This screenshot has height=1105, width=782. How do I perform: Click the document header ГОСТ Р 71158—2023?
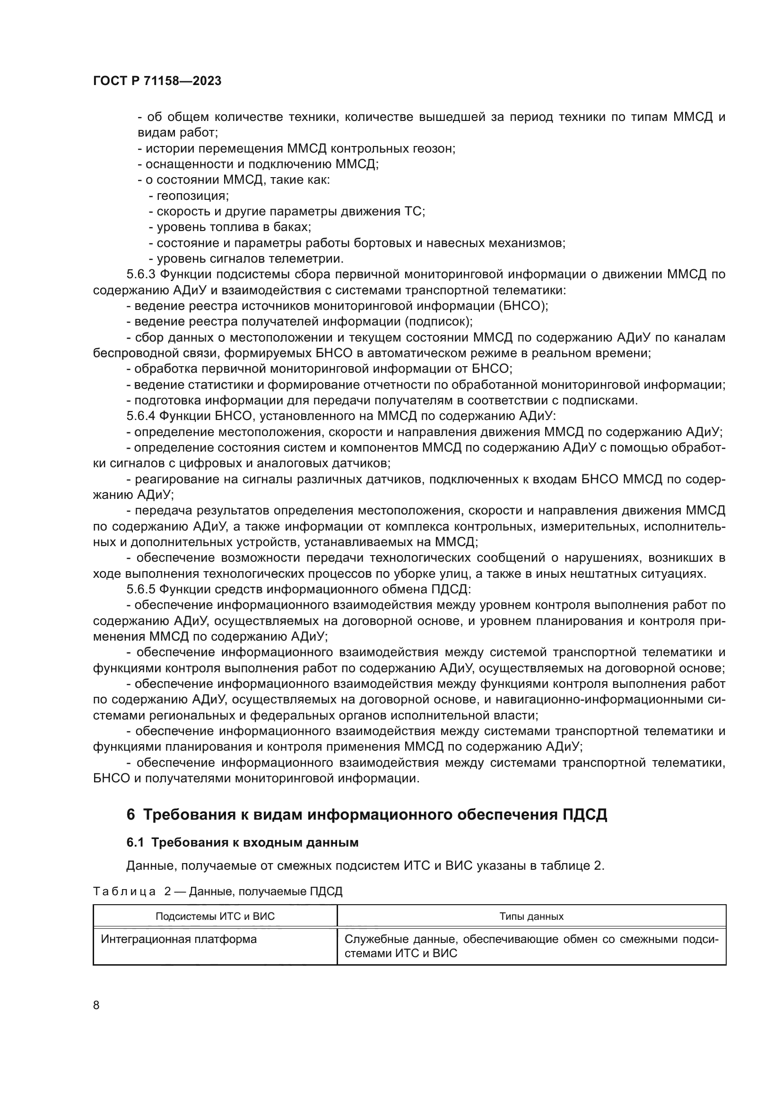157,81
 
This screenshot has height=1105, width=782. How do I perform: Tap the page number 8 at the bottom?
96,1004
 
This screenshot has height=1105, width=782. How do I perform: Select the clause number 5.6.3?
140,274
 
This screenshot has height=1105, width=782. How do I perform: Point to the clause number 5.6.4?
140,416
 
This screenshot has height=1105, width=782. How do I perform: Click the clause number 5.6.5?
140,589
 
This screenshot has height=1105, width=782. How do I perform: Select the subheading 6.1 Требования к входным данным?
242,842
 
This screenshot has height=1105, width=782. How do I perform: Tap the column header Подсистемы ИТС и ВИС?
215,916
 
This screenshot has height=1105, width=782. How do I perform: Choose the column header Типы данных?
531,916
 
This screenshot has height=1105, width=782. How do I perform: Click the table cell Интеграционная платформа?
179,939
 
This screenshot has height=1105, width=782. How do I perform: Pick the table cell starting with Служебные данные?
531,946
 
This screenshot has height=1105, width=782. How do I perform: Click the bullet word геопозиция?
192,196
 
